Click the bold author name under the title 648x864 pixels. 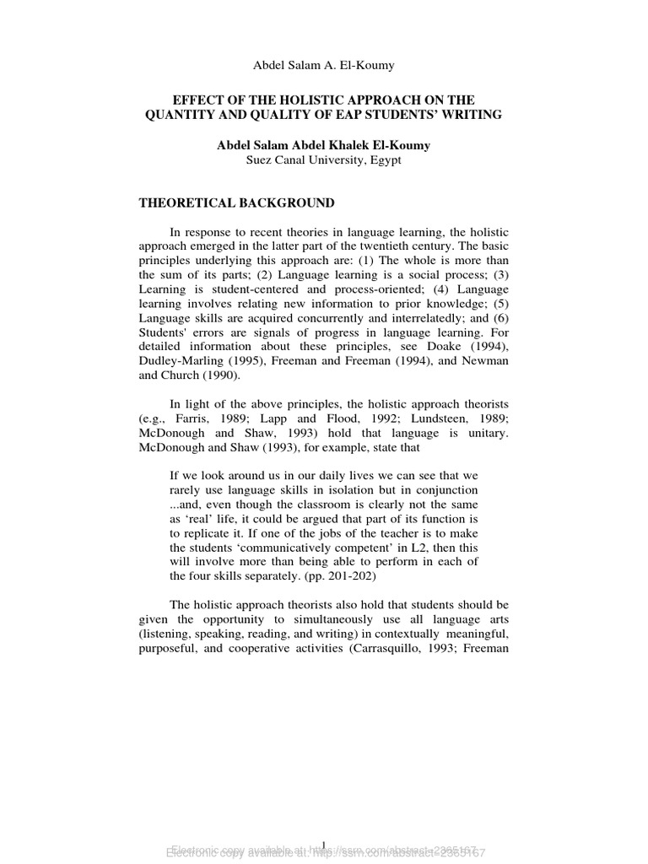323,145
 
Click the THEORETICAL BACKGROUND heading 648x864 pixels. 236,203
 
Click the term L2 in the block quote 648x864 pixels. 379,538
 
